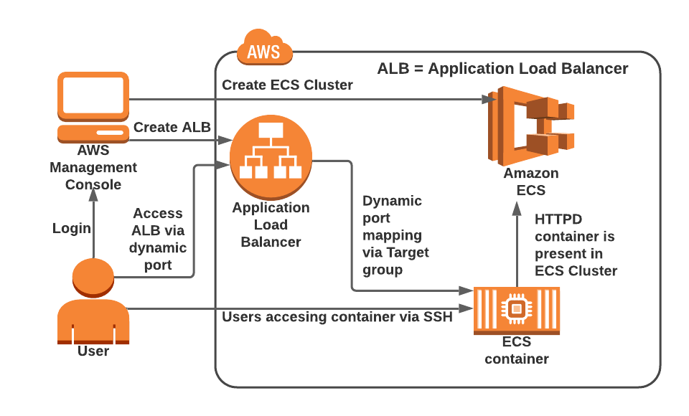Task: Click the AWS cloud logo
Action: pyautogui.click(x=265, y=49)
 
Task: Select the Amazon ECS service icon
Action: pyautogui.click(x=530, y=125)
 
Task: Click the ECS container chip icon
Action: pyautogui.click(x=516, y=309)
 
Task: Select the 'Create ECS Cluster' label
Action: pyautogui.click(x=287, y=85)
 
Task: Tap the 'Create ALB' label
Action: pyautogui.click(x=172, y=127)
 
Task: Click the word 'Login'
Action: pyautogui.click(x=72, y=228)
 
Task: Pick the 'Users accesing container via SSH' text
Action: pyautogui.click(x=337, y=317)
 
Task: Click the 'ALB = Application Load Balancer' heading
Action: pyautogui.click(x=502, y=69)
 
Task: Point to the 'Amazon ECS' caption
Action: pyautogui.click(x=530, y=181)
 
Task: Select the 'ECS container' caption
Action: pyautogui.click(x=517, y=351)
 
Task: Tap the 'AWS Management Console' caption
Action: pyautogui.click(x=93, y=167)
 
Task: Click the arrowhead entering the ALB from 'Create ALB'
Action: pyautogui.click(x=225, y=140)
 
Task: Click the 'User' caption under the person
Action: pyautogui.click(x=93, y=351)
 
